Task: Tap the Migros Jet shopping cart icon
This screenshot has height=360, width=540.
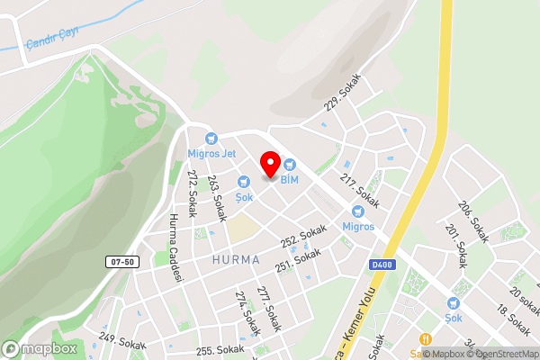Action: click(211, 139)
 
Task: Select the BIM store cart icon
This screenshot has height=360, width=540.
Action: click(290, 164)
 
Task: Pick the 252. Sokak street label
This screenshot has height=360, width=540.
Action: click(302, 237)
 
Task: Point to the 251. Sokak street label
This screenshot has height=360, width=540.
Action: click(298, 260)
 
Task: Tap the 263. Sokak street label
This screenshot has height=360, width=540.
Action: click(216, 198)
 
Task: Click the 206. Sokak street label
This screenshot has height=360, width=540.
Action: click(472, 220)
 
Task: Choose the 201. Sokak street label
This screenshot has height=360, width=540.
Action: click(456, 247)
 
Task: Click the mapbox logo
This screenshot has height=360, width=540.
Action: click(40, 348)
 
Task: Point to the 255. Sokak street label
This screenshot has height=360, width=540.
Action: click(220, 349)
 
